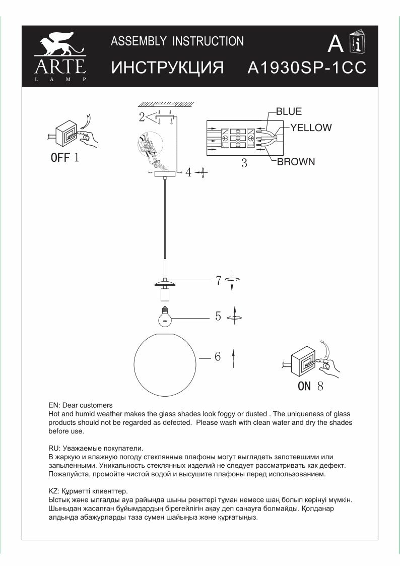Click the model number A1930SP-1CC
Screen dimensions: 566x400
(307, 69)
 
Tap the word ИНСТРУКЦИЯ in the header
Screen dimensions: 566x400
(167, 69)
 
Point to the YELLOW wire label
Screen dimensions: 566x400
(311, 128)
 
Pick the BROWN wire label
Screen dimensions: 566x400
(296, 162)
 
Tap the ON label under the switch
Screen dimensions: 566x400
(305, 387)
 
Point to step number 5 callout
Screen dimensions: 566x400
(218, 317)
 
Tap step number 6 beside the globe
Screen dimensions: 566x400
(218, 357)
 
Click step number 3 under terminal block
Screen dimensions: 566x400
(244, 163)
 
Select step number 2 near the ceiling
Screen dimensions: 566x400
(142, 117)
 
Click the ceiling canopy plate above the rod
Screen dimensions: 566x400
(165, 173)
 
